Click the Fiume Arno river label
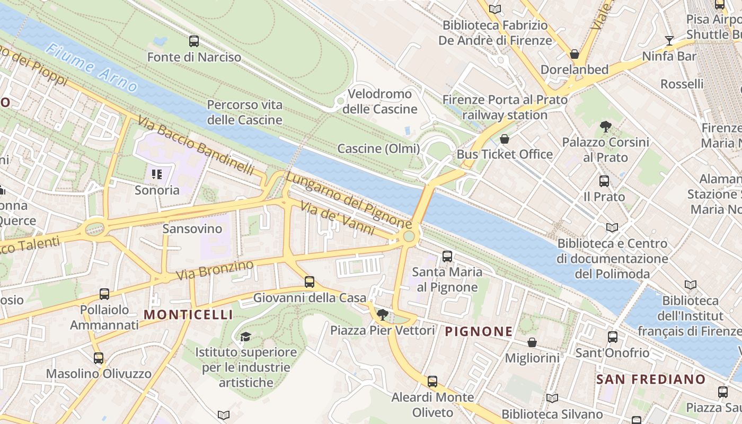click(x=91, y=68)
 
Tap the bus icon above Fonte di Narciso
click(x=194, y=41)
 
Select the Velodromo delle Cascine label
click(x=379, y=102)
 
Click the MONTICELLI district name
click(x=188, y=315)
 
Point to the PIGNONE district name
click(x=479, y=332)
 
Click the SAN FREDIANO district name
click(x=651, y=379)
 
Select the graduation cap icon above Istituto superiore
click(x=245, y=337)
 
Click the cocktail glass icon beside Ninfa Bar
click(x=669, y=41)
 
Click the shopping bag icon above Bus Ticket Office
click(x=505, y=139)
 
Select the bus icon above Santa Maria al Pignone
click(x=447, y=257)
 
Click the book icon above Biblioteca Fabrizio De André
click(x=495, y=9)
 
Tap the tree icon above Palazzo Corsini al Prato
click(x=605, y=127)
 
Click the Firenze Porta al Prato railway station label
click(x=505, y=107)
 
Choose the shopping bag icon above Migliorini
click(x=532, y=343)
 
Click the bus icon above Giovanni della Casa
click(x=310, y=282)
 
